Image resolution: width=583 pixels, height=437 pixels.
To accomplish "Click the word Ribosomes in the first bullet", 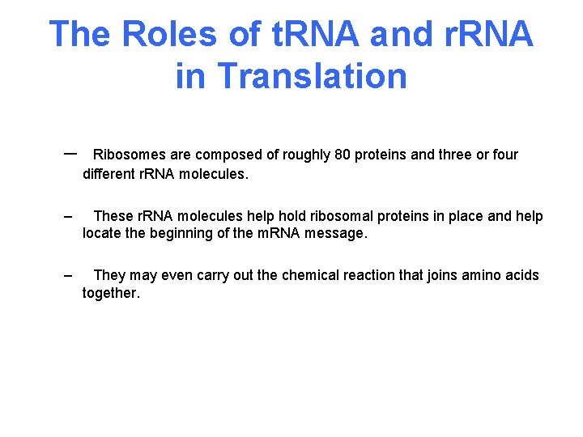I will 129,155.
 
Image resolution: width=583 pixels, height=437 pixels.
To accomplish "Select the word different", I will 109,173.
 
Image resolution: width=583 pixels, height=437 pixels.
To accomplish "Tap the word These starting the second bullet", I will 113,216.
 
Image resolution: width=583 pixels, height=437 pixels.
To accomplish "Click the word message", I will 341,234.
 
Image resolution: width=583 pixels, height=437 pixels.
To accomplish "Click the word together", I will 111,294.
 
